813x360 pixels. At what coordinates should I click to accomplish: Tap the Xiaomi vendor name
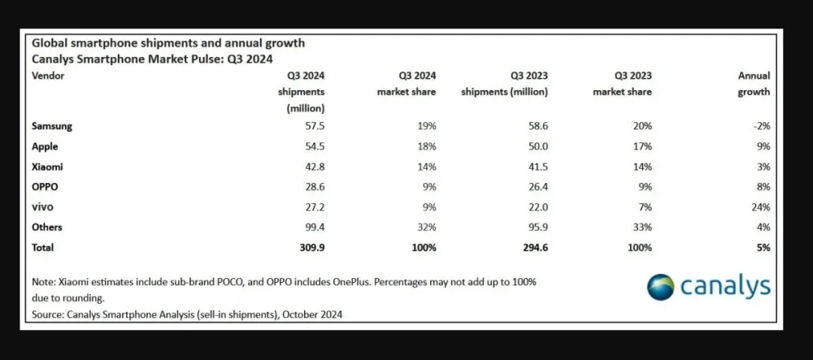coord(46,167)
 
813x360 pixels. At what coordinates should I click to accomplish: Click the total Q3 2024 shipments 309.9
coord(310,247)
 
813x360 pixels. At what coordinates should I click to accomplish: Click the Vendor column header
coord(48,76)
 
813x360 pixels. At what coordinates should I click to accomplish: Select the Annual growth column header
coord(754,84)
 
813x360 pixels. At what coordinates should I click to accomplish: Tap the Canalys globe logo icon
coord(661,287)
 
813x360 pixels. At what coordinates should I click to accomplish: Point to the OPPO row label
coord(45,187)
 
